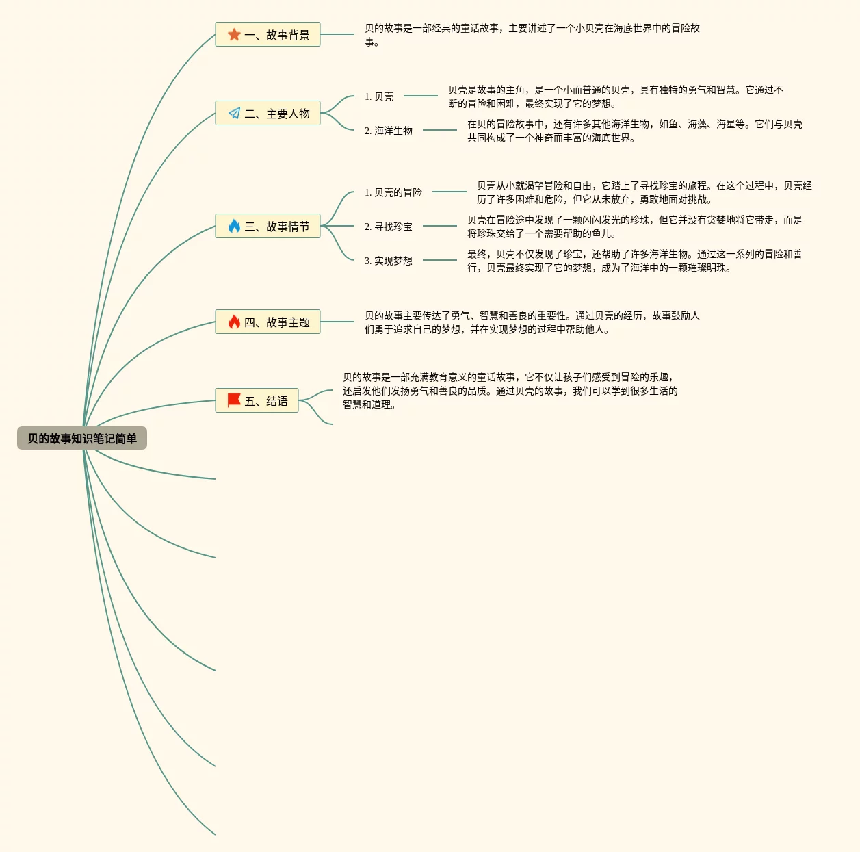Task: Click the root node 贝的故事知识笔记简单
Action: [x=82, y=439]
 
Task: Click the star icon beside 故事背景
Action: [x=234, y=34]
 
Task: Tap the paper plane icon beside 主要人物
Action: [x=234, y=114]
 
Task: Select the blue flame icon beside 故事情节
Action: [x=234, y=226]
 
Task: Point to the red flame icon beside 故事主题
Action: [x=234, y=322]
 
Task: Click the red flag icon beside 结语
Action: [x=234, y=400]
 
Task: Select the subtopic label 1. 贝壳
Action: [x=379, y=96]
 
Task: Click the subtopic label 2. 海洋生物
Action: [x=389, y=131]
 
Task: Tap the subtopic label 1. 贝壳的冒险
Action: [x=393, y=192]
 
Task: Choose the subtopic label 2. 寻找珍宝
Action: [x=389, y=227]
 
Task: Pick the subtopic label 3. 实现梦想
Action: [x=389, y=261]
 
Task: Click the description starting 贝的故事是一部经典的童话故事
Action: [x=532, y=35]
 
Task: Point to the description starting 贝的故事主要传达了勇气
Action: [x=532, y=322]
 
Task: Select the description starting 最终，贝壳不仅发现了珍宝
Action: [x=634, y=261]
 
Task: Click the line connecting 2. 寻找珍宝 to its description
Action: [x=439, y=226]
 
